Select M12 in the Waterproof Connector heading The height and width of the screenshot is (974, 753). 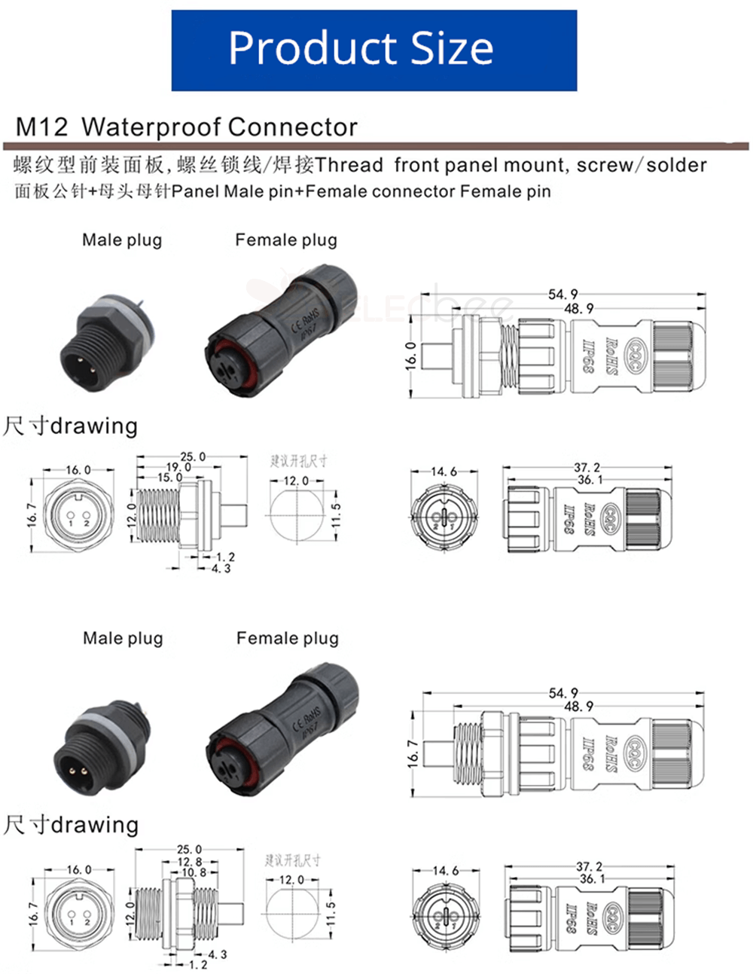click(x=42, y=127)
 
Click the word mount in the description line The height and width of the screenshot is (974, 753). click(x=535, y=165)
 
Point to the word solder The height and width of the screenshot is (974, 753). click(x=677, y=165)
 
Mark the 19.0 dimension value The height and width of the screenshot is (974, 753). click(x=178, y=467)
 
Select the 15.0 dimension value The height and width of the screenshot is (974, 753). click(x=169, y=478)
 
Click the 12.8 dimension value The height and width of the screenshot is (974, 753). click(x=190, y=862)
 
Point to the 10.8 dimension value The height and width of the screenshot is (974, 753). click(x=194, y=872)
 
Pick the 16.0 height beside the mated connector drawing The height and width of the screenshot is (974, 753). click(x=410, y=355)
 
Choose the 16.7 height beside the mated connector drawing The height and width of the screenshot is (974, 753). click(x=413, y=753)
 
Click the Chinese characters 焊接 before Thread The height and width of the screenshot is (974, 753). click(x=294, y=165)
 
